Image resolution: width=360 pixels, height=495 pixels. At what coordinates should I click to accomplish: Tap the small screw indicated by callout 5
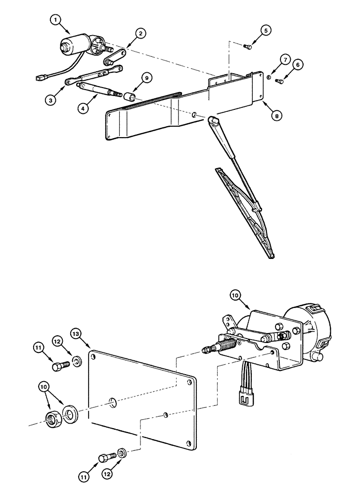[x=248, y=47]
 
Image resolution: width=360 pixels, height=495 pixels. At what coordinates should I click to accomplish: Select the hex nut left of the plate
[x=52, y=420]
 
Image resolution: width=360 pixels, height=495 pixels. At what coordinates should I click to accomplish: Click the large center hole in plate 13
[x=112, y=401]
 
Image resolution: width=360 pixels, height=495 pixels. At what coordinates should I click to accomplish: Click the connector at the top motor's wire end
[x=41, y=78]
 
